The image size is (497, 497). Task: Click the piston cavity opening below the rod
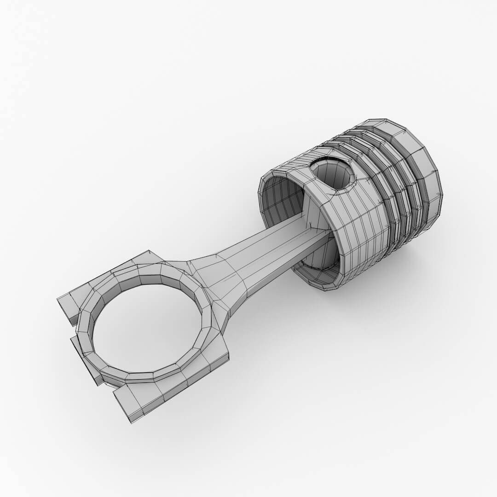(x=318, y=262)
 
